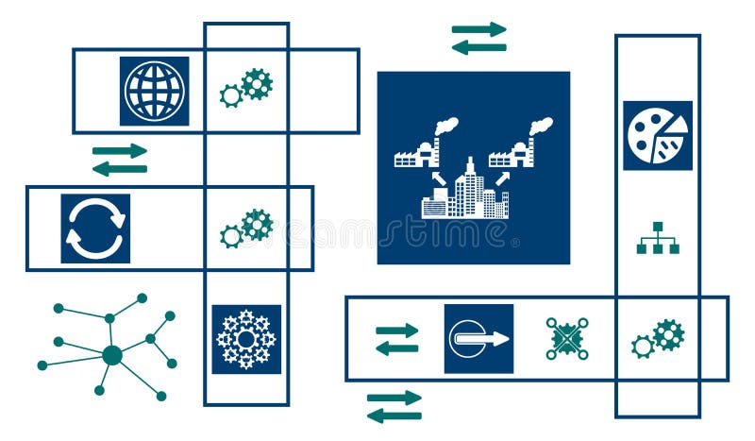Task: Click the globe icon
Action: click(154, 91)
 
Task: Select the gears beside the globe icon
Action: click(246, 88)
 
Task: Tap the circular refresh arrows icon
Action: click(95, 228)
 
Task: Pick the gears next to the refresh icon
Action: click(246, 229)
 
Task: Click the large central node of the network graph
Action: click(112, 355)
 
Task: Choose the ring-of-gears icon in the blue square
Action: click(246, 338)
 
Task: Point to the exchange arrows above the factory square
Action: click(478, 39)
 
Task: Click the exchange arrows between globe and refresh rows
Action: click(120, 160)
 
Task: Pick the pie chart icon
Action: click(657, 135)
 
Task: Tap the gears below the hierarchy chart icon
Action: click(658, 337)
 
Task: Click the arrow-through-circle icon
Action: click(478, 338)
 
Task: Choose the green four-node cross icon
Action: click(567, 338)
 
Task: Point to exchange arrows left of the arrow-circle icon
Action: click(396, 339)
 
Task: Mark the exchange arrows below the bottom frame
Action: click(394, 406)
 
